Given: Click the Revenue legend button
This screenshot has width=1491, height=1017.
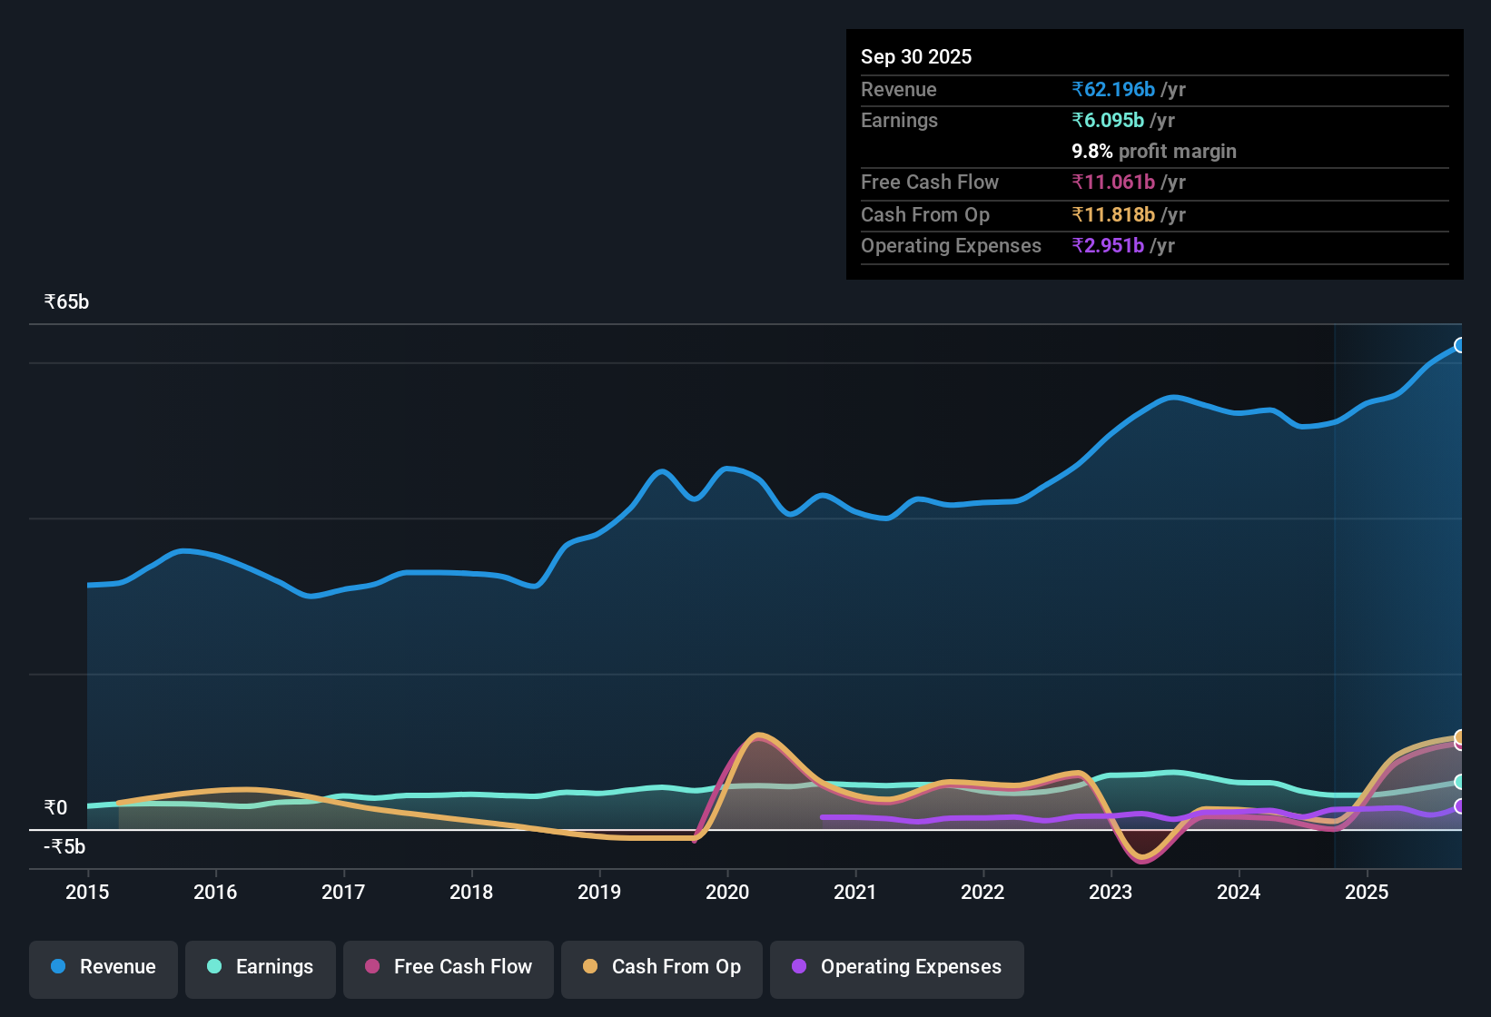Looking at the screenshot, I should (x=104, y=967).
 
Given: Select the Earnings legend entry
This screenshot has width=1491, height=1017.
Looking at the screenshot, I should (x=261, y=967).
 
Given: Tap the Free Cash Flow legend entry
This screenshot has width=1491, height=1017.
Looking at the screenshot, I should (x=449, y=967).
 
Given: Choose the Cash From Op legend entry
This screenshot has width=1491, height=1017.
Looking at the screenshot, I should (x=662, y=967).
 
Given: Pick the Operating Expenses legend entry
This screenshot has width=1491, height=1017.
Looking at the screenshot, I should (x=897, y=967).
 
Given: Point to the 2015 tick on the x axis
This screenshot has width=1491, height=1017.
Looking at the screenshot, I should (x=87, y=892).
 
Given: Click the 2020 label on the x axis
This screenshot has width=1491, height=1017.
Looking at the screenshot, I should (x=727, y=892).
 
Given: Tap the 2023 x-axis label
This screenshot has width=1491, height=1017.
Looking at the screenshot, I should (x=1111, y=892).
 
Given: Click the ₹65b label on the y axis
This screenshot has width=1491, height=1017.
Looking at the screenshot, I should (x=67, y=302).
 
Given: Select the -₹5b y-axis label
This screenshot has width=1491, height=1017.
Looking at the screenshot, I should (x=65, y=846).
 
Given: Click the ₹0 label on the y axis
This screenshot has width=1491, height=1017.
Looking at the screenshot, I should (x=56, y=807).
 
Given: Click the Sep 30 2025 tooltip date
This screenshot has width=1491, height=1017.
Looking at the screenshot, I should (x=916, y=56).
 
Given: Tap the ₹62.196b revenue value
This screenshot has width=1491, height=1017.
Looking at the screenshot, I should (x=1113, y=89).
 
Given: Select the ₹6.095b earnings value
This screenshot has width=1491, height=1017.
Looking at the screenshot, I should (x=1108, y=120).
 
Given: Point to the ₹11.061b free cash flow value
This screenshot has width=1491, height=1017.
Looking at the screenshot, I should (x=1113, y=182).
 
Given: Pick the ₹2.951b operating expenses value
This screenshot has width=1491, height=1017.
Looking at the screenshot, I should (x=1108, y=245).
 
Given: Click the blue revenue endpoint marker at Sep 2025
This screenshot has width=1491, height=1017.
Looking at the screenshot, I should (x=1459, y=345).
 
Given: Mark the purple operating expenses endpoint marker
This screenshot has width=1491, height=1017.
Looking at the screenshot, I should (x=1459, y=806).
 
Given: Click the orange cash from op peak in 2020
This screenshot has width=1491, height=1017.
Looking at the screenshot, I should (x=758, y=735).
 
